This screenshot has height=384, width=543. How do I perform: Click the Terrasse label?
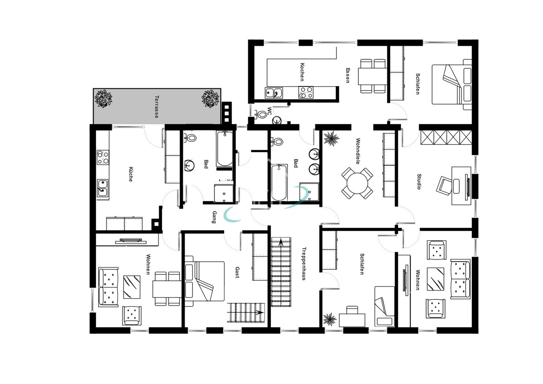click(157, 107)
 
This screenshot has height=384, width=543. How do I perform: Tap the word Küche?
click(131, 174)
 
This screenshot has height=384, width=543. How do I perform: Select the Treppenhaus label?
click(304, 264)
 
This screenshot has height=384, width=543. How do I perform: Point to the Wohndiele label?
click(358, 151)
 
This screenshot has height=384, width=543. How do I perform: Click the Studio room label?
click(419, 182)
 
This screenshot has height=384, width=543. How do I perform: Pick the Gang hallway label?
click(214, 217)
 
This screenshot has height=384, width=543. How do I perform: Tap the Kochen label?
click(302, 72)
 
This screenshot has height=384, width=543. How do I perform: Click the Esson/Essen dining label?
click(348, 75)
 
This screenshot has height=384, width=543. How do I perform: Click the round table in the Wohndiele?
click(357, 183)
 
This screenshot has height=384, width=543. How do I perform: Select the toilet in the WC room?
click(260, 114)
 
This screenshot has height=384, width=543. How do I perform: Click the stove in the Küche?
click(103, 157)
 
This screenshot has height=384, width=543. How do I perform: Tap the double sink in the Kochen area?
click(274, 93)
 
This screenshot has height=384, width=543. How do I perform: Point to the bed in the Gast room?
click(205, 281)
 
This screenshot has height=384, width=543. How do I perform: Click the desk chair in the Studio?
click(444, 186)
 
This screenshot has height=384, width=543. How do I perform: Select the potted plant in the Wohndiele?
click(331, 139)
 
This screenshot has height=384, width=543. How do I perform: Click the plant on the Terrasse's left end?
click(103, 98)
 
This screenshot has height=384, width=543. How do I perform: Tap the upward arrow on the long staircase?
click(281, 243)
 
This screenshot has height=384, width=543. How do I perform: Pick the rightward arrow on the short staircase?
click(260, 312)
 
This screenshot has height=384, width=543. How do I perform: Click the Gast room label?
click(237, 272)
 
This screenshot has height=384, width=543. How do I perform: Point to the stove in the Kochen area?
click(306, 92)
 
